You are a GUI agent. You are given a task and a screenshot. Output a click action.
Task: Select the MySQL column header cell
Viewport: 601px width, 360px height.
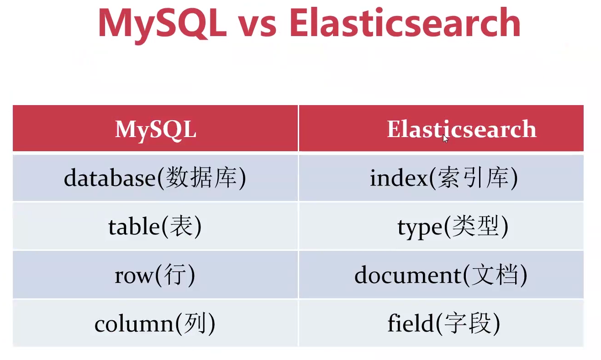(x=155, y=129)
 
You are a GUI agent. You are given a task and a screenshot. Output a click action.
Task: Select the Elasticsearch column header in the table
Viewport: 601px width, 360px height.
(x=461, y=129)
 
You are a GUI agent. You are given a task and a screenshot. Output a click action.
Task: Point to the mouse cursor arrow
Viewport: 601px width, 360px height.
(x=445, y=138)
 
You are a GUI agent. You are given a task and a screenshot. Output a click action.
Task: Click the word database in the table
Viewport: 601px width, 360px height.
(x=110, y=178)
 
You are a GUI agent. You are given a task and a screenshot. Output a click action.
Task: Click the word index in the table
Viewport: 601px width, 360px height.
(x=398, y=178)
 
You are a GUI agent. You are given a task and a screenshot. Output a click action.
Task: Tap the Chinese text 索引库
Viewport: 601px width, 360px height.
(x=473, y=178)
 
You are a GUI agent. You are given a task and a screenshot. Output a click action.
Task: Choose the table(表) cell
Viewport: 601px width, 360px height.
(x=155, y=227)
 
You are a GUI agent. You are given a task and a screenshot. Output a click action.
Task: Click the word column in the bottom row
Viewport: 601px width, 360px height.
(x=134, y=324)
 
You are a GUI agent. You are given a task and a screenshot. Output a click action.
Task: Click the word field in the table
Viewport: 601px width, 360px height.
(x=410, y=324)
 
